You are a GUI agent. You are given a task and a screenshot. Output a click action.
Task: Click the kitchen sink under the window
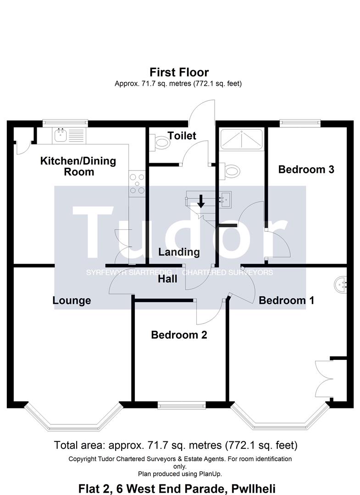(x=69, y=135)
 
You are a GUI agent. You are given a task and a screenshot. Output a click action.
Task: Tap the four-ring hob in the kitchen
(x=137, y=184)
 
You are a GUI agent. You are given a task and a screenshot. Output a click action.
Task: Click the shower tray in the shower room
(x=241, y=139)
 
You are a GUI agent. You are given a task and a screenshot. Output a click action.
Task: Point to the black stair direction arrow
(x=200, y=201)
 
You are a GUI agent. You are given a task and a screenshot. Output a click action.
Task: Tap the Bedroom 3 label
(x=306, y=170)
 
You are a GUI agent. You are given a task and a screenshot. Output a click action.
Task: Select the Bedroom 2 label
(x=179, y=335)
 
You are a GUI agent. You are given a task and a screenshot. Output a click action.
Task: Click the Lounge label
(x=72, y=301)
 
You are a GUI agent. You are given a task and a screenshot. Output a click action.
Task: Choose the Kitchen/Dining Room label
(x=78, y=166)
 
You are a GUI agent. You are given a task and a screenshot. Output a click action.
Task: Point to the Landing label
(x=179, y=252)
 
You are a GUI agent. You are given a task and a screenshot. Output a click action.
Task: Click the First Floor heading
(x=179, y=72)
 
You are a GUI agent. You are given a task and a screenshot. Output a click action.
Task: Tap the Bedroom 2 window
(x=182, y=405)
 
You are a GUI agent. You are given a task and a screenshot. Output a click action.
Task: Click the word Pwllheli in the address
(x=254, y=489)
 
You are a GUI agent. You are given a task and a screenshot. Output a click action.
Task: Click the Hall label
(x=167, y=279)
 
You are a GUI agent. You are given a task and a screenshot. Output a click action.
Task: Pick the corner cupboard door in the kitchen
(x=23, y=148)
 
